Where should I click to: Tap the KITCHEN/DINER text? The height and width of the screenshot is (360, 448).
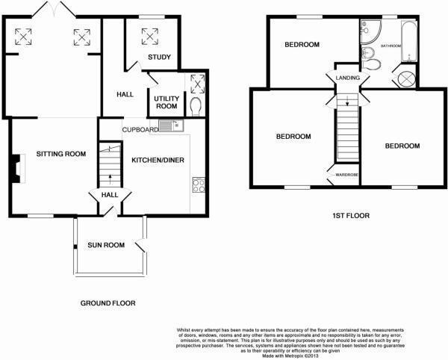point(158,161)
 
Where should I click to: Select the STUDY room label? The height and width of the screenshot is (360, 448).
point(159,57)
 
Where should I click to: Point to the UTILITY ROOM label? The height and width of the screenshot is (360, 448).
point(165,102)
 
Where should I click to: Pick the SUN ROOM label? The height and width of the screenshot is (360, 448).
point(105,244)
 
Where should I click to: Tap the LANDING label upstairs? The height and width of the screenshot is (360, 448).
point(348,78)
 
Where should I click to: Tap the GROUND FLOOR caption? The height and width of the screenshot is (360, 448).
point(108,303)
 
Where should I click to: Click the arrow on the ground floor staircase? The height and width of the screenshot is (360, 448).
point(110,178)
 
